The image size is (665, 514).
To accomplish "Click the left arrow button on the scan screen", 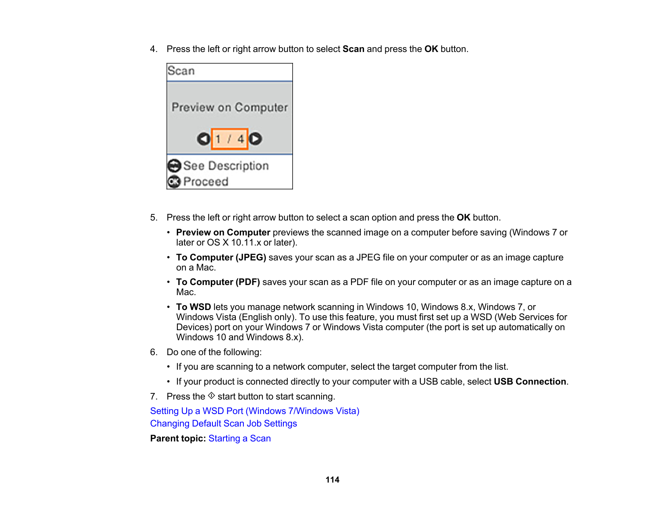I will pyautogui.click(x=204, y=139).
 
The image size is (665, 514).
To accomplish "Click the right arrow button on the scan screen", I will pyautogui.click(x=255, y=139).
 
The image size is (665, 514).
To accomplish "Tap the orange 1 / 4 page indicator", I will pyautogui.click(x=229, y=139).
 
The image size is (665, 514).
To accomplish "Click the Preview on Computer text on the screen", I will pyautogui.click(x=230, y=107).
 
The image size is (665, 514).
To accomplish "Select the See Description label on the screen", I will pyautogui.click(x=226, y=166).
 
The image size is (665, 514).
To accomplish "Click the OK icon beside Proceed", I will pyautogui.click(x=174, y=182).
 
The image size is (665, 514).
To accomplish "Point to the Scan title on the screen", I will pyautogui.click(x=181, y=71).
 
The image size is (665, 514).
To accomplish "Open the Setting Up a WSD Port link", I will pyautogui.click(x=254, y=411).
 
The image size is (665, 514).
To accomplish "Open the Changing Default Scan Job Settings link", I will pyautogui.click(x=223, y=423).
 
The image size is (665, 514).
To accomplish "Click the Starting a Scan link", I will pyautogui.click(x=239, y=438).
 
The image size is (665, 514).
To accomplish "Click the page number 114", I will pyautogui.click(x=332, y=480).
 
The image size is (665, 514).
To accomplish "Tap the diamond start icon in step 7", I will pyautogui.click(x=212, y=396).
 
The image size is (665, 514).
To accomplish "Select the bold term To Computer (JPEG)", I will pyautogui.click(x=221, y=257).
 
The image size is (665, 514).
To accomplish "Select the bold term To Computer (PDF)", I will pyautogui.click(x=218, y=282).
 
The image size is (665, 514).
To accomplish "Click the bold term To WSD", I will pyautogui.click(x=193, y=307).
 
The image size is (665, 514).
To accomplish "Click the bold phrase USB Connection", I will pyautogui.click(x=530, y=381).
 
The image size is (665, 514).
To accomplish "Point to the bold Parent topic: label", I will pyautogui.click(x=178, y=438).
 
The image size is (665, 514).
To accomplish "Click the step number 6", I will pyautogui.click(x=154, y=352).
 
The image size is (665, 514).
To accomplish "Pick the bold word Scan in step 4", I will pyautogui.click(x=353, y=49).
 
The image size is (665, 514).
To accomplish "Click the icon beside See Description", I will pyautogui.click(x=174, y=166).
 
